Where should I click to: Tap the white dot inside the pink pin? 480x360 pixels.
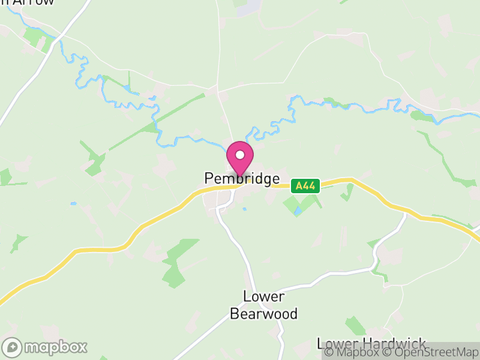[x=240, y=155]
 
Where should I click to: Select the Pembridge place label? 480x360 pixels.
[x=242, y=179]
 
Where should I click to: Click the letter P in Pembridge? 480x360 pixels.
[x=209, y=179]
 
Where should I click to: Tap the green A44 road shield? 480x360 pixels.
[x=306, y=186]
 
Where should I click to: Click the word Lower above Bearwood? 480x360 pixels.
[x=263, y=296]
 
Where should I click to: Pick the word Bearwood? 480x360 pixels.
[x=263, y=314]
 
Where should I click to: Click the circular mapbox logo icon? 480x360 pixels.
[x=12, y=347]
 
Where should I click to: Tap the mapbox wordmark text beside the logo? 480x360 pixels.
[x=55, y=347]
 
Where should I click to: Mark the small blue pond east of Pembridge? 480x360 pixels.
[x=298, y=212]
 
